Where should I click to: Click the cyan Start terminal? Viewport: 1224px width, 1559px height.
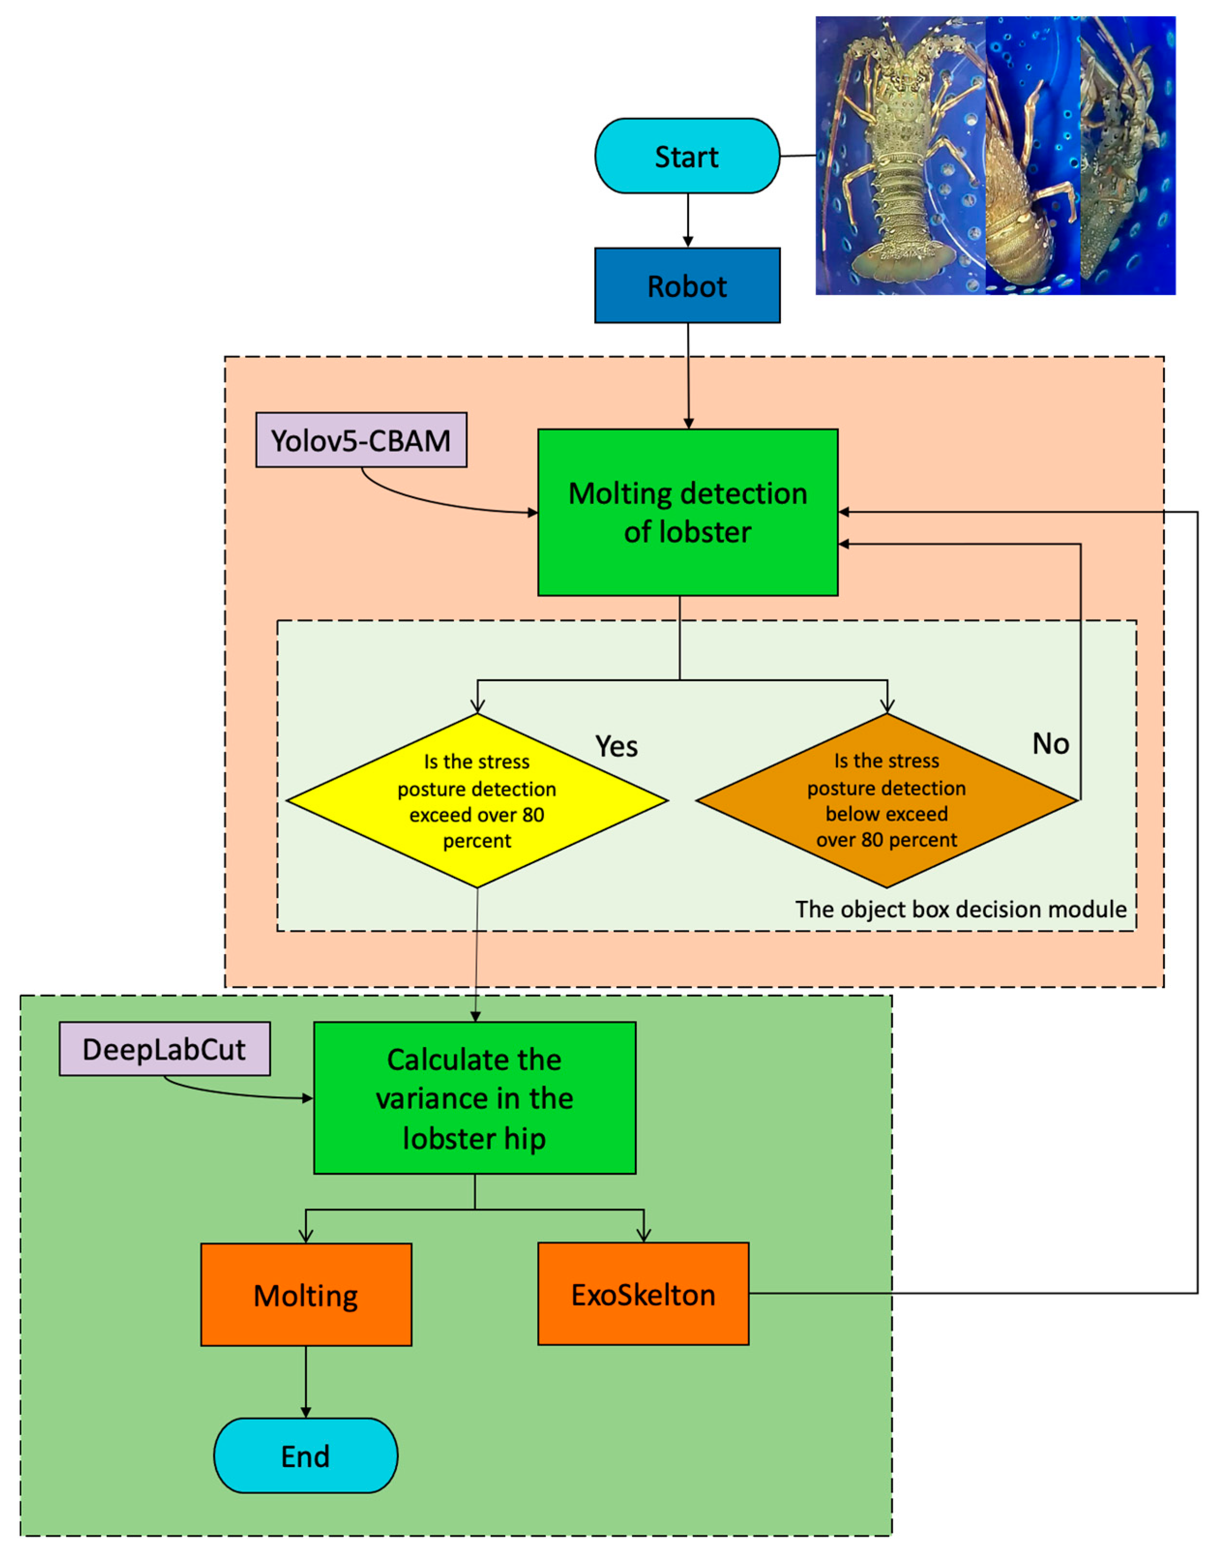[687, 156]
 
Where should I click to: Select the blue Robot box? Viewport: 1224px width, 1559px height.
[687, 286]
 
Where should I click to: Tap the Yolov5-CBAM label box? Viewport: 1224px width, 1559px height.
[361, 440]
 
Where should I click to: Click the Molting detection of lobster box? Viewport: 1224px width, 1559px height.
[687, 512]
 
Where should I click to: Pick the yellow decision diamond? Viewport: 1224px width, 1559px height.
[476, 800]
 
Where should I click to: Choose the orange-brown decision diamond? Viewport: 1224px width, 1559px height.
[886, 800]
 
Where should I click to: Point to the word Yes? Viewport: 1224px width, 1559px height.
[616, 747]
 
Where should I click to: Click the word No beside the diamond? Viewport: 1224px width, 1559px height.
[1050, 744]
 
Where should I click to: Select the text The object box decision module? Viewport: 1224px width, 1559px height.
[960, 909]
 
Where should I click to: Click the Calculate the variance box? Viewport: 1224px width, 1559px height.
[474, 1098]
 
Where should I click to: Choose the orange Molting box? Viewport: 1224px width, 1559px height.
[306, 1295]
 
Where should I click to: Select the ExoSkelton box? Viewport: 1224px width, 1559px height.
[643, 1294]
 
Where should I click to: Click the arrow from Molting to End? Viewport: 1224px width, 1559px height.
[306, 1382]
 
